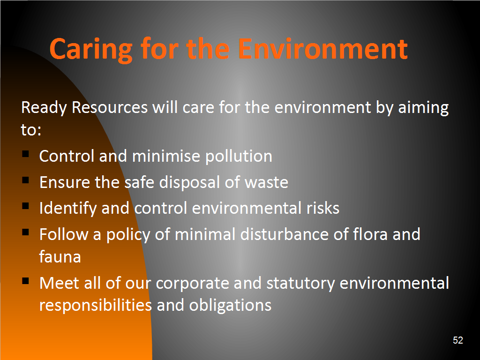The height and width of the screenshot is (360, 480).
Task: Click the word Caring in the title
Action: [91, 49]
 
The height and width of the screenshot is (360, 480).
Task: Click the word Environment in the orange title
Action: [323, 49]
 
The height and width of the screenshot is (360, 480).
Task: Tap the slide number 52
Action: [458, 340]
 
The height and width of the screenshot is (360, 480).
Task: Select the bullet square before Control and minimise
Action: [25, 153]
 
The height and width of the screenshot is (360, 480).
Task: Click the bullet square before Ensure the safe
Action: [25, 180]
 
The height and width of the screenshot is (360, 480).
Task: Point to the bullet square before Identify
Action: [25, 206]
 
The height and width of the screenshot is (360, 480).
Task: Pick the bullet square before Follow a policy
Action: [25, 232]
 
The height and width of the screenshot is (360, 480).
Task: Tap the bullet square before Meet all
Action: [25, 280]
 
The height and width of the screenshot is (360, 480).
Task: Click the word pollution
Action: [239, 157]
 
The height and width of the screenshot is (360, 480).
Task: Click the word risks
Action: [323, 208]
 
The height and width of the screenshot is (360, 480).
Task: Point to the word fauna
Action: [60, 256]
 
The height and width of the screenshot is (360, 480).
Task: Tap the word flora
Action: [370, 234]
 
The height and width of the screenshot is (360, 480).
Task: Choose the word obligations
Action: [230, 306]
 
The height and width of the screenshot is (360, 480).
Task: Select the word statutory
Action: [300, 284]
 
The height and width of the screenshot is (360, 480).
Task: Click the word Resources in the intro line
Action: [110, 107]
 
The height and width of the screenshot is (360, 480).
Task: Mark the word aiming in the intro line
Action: [423, 108]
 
